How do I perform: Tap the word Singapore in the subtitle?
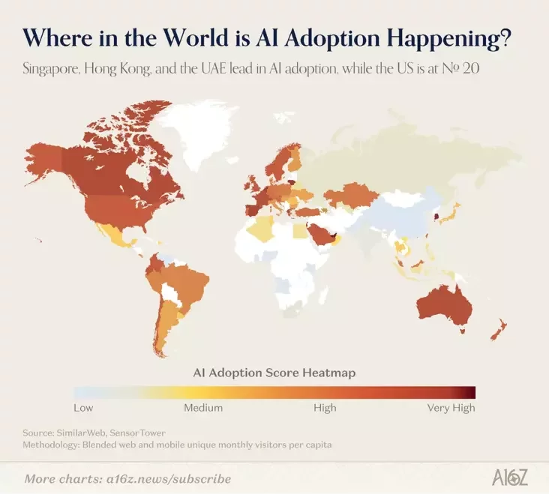(x=56, y=69)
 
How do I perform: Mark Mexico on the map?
(x=112, y=236)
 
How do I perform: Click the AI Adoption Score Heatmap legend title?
(x=274, y=372)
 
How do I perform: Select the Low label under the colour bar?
(x=83, y=409)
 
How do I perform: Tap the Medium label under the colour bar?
(x=203, y=409)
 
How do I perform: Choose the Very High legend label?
(x=451, y=409)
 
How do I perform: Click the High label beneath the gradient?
(x=325, y=409)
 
